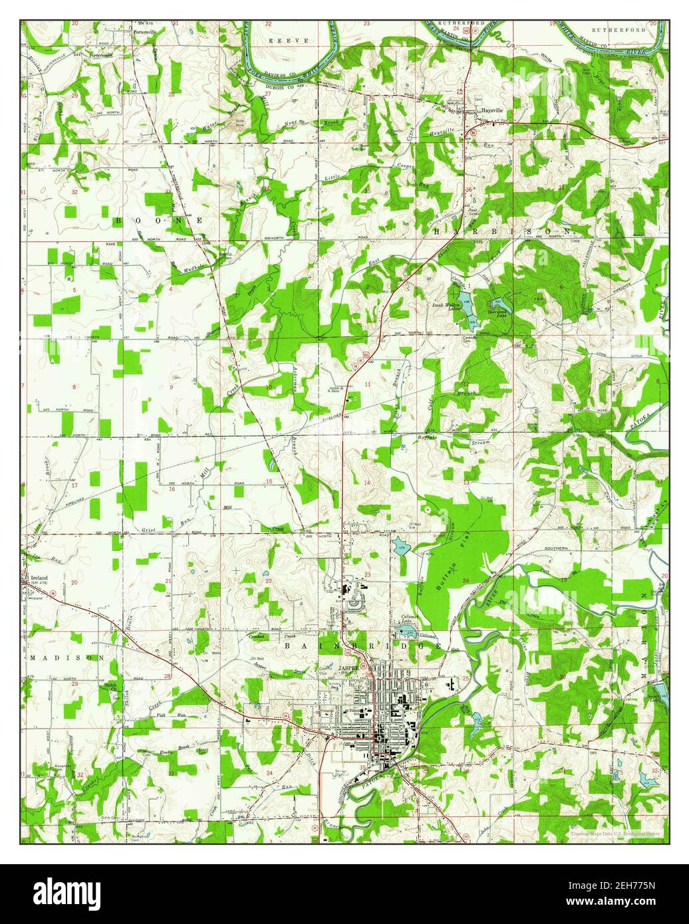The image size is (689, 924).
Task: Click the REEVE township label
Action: (x=289, y=41)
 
